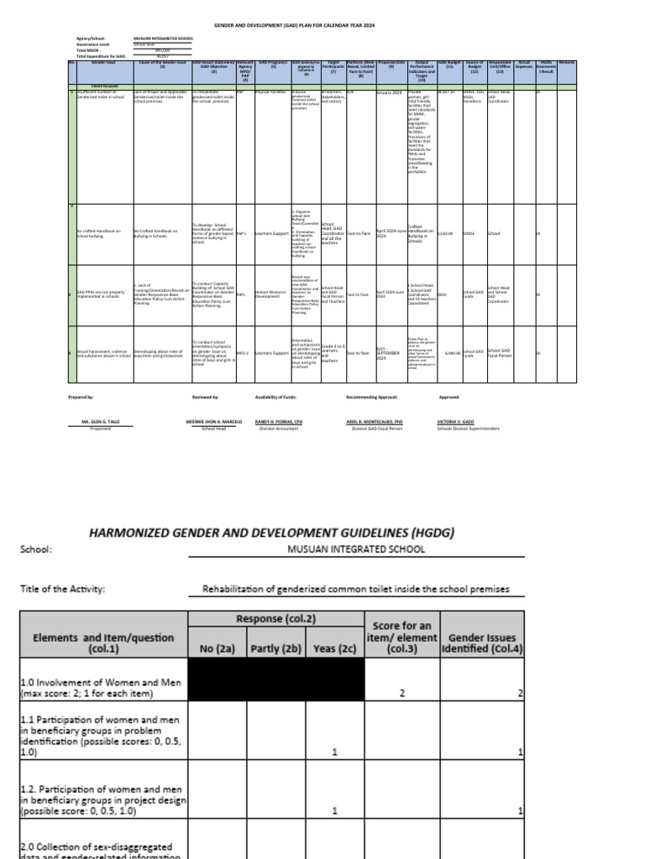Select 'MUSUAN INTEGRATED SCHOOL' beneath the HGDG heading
click(x=356, y=549)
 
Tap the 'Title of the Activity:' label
click(x=63, y=589)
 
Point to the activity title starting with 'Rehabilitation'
click(x=356, y=589)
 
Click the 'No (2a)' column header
click(x=217, y=648)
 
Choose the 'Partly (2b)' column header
click(x=275, y=648)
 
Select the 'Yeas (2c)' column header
click(x=335, y=648)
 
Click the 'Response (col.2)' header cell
click(x=275, y=619)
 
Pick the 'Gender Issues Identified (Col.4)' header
click(x=481, y=643)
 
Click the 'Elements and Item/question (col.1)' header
click(x=104, y=643)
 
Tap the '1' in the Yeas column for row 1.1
click(x=335, y=752)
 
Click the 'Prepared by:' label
click(x=81, y=396)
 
